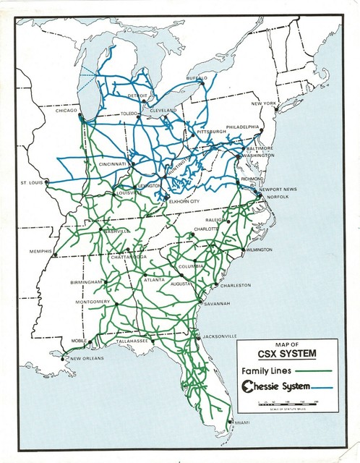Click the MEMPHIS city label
42,252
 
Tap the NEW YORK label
264,104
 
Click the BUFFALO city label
196,77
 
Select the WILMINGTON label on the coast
258,250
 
